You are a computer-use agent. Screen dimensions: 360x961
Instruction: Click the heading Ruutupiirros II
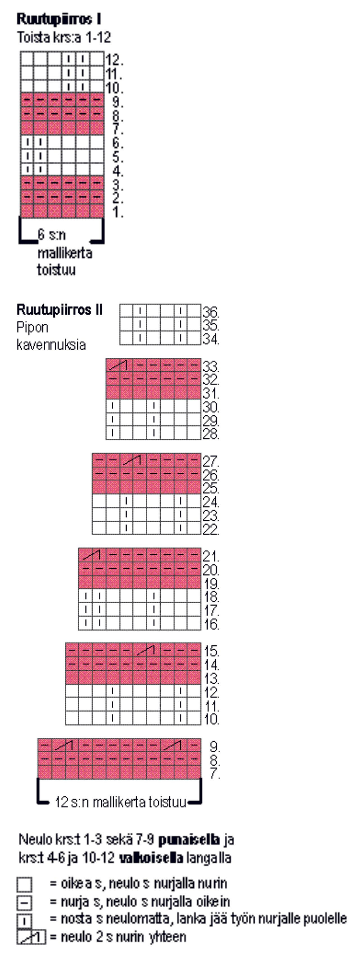(x=59, y=310)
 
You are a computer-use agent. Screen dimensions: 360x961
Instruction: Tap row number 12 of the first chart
(x=114, y=60)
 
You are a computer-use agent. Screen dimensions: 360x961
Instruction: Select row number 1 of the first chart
(x=118, y=212)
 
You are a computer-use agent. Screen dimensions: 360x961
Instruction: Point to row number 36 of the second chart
(x=211, y=312)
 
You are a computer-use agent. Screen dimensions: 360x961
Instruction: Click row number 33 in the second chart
(x=211, y=366)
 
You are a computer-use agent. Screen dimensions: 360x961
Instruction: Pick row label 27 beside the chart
(x=211, y=461)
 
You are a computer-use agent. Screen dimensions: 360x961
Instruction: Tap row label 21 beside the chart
(x=211, y=556)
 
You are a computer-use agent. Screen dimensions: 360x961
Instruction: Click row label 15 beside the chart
(x=211, y=651)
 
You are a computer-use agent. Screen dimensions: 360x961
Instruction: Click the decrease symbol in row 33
(x=119, y=365)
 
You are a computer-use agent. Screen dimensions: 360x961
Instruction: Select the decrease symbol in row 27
(x=133, y=460)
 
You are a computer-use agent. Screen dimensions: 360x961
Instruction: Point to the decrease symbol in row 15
(x=146, y=650)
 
